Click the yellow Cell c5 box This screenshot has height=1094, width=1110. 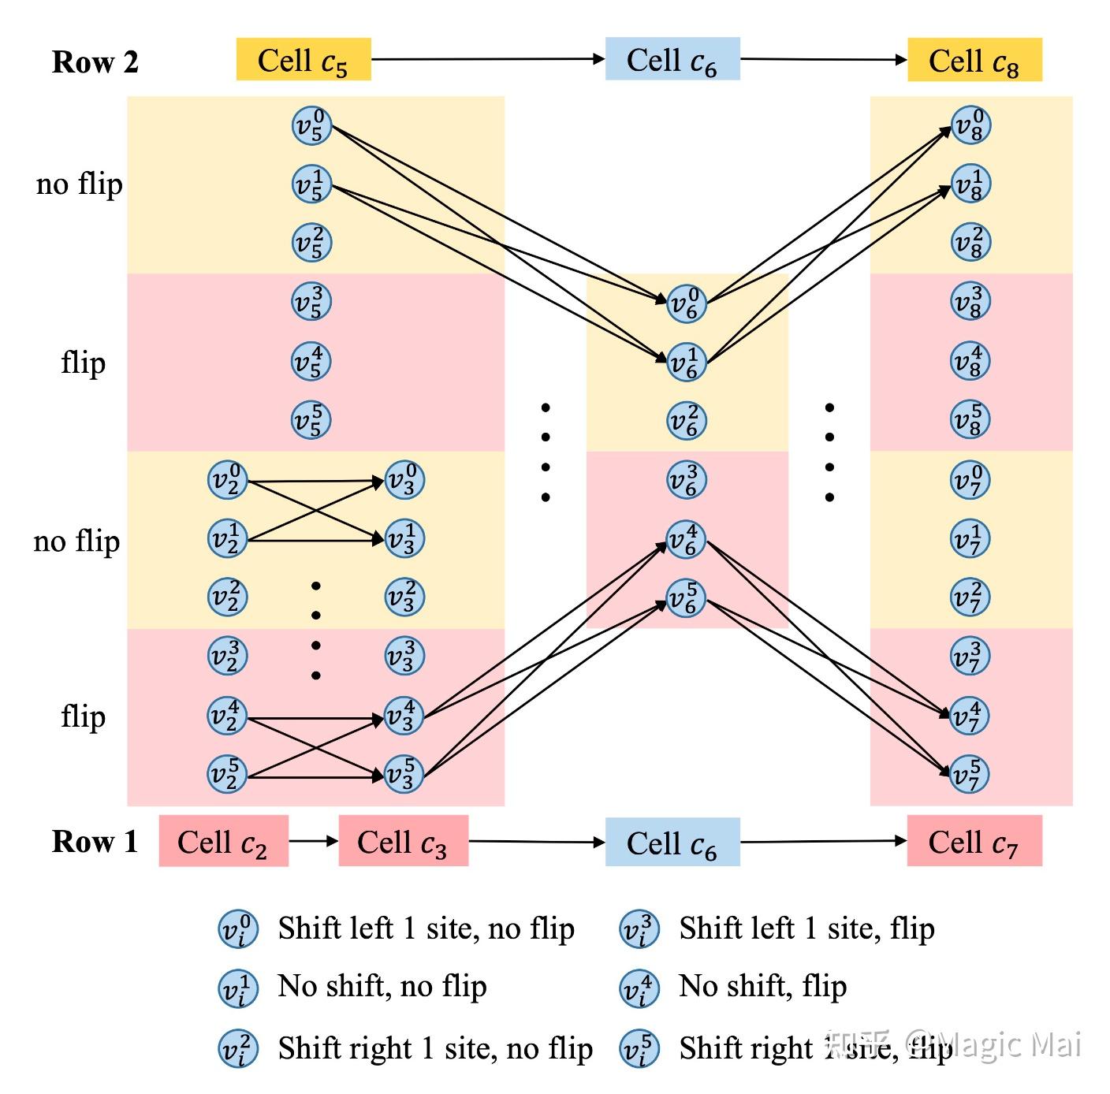click(304, 60)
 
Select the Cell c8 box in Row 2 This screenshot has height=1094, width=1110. click(974, 60)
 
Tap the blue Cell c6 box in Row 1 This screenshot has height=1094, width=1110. click(672, 843)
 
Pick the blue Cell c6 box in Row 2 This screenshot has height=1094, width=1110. click(672, 60)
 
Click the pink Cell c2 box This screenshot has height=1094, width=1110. click(223, 842)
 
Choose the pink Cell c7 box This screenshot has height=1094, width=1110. click(974, 842)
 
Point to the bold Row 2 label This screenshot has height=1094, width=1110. click(95, 61)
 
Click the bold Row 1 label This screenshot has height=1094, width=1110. click(95, 842)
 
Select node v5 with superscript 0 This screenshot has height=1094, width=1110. click(311, 125)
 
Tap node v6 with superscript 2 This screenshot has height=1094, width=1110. click(687, 421)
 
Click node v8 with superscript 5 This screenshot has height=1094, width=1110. click(970, 420)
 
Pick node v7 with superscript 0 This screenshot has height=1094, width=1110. click(970, 480)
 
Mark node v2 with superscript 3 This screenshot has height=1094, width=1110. click(227, 656)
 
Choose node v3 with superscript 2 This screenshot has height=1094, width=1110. click(404, 597)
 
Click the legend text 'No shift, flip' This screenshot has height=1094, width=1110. click(763, 987)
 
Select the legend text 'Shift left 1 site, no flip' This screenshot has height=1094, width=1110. click(426, 928)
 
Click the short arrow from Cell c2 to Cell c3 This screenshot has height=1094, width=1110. click(314, 841)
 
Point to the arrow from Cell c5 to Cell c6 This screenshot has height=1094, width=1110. click(487, 59)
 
